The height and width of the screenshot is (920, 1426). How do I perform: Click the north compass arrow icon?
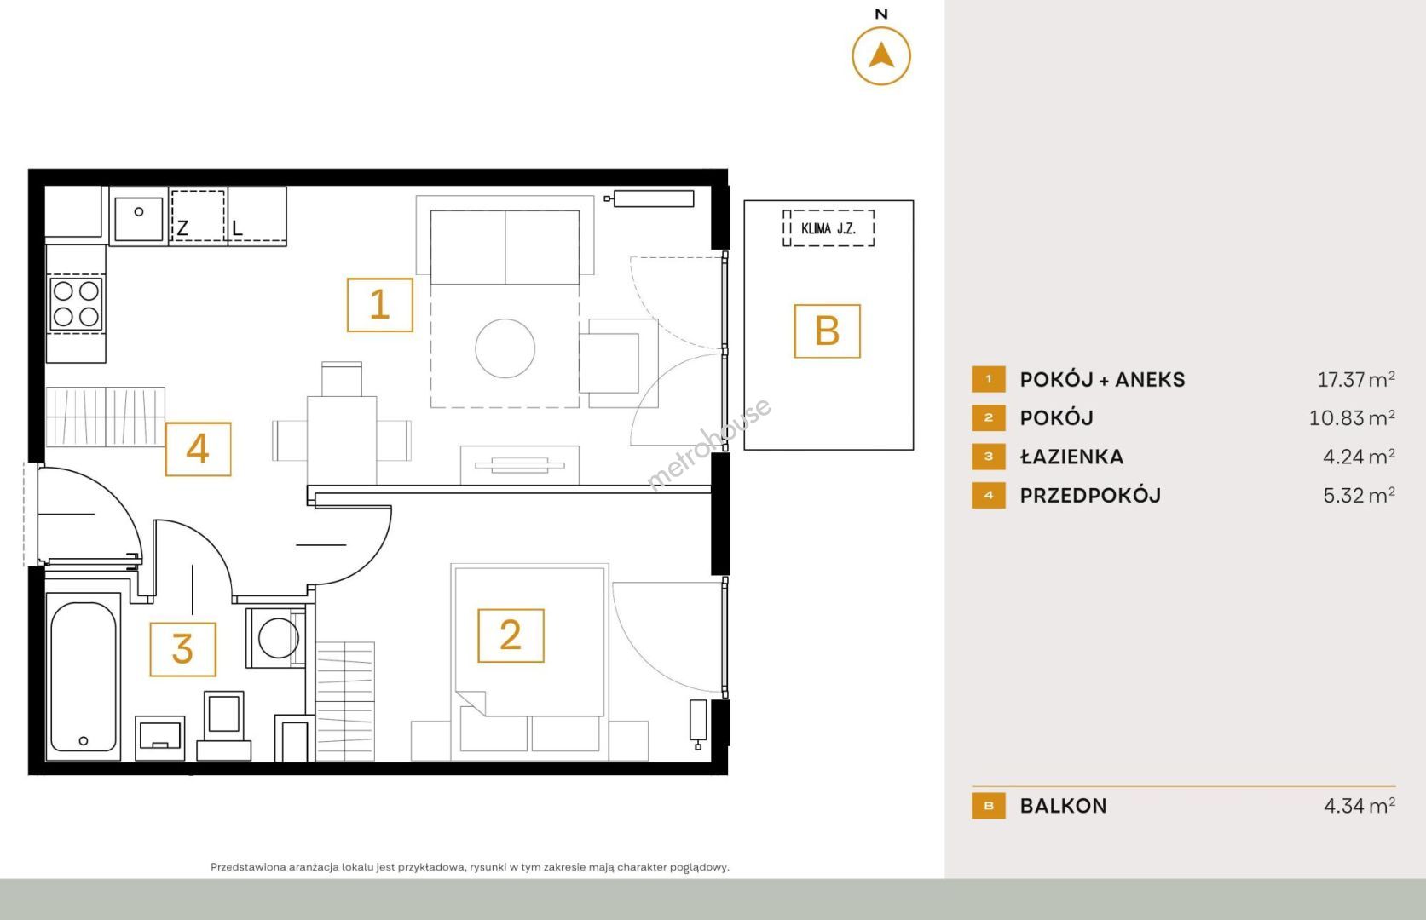point(881,56)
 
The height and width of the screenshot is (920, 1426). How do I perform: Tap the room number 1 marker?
point(380,305)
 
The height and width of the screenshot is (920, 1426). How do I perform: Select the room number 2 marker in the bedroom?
point(511,635)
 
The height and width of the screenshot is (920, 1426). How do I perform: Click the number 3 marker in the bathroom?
point(182,649)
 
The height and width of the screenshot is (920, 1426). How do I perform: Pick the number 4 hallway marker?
point(198,449)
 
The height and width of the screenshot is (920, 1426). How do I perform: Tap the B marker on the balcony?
point(827,331)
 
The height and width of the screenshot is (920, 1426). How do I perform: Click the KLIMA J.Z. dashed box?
point(828,227)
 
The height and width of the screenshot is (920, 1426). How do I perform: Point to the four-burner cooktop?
point(76,304)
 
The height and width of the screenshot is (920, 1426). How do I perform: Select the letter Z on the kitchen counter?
point(182,227)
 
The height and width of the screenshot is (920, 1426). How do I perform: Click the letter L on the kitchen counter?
point(238,227)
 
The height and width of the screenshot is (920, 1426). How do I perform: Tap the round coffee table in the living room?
point(505,348)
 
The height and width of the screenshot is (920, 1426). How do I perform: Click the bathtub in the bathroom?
point(84,676)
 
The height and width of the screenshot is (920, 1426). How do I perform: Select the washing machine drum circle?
point(279,638)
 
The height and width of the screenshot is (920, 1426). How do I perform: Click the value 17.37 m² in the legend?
point(1356,379)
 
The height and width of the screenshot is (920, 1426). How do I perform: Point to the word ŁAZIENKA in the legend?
point(1072,457)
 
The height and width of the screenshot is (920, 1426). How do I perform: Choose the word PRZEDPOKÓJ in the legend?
point(1090,495)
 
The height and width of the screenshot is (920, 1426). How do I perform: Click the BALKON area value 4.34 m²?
point(1360,806)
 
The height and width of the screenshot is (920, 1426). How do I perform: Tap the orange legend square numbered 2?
point(989,418)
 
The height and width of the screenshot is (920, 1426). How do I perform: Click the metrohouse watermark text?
point(709,444)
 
